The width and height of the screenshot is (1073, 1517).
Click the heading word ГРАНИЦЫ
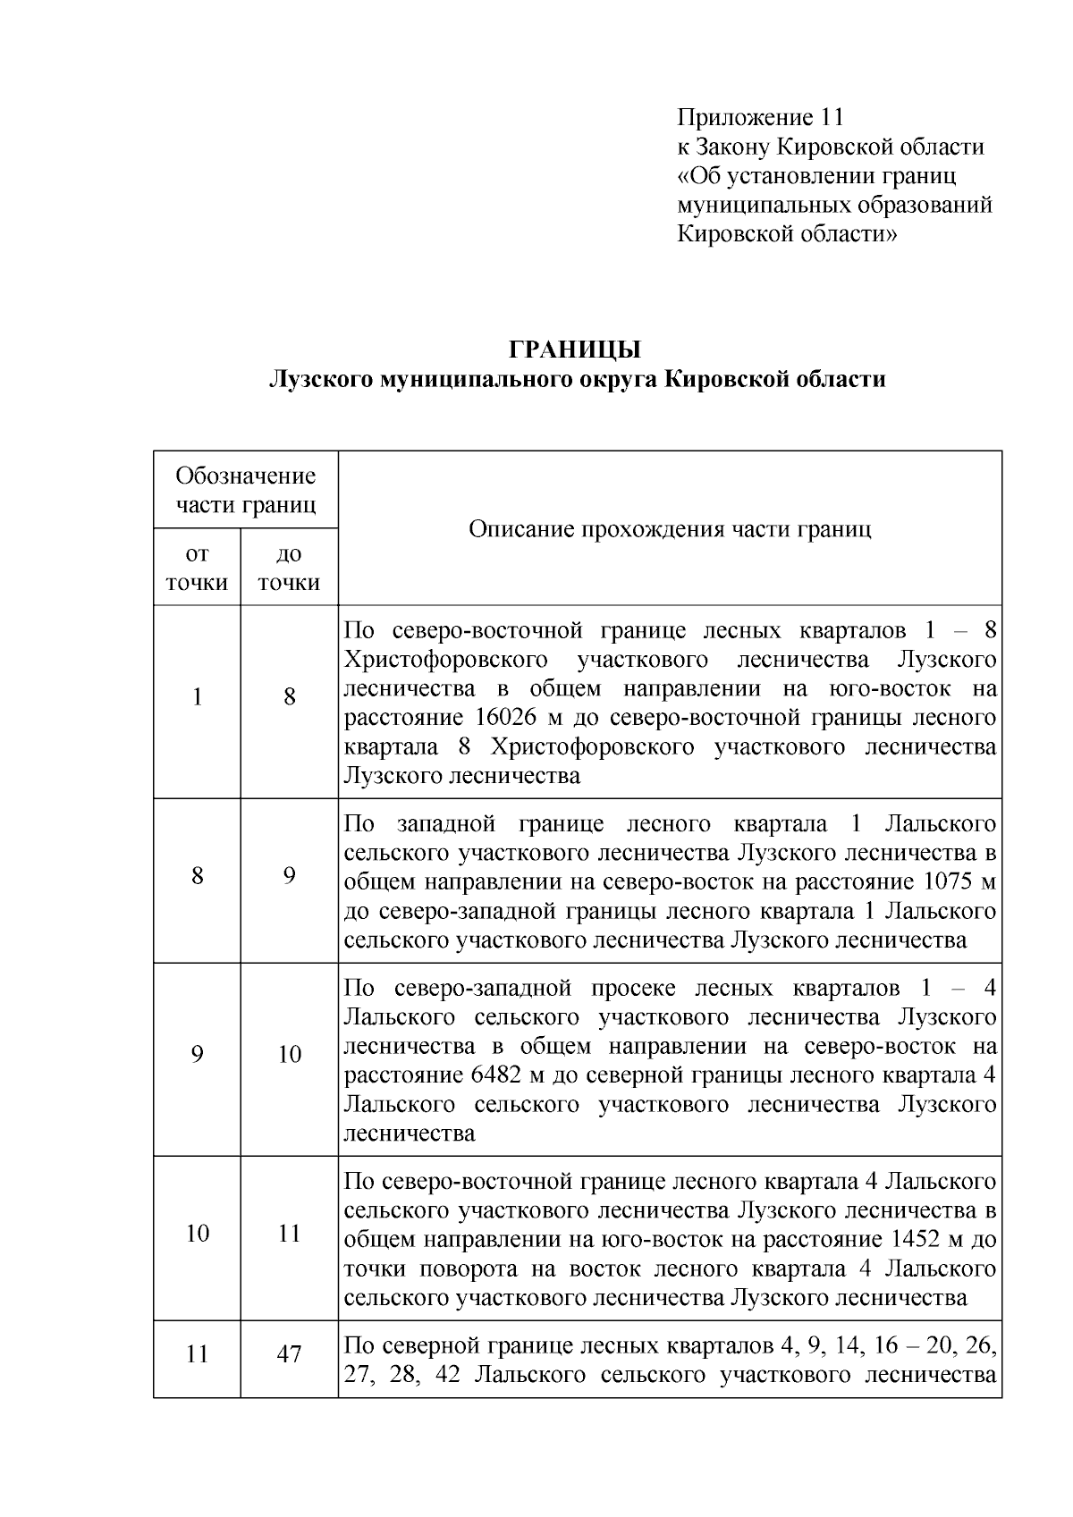pyautogui.click(x=575, y=349)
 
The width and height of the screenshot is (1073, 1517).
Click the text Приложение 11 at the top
pyautogui.click(x=760, y=117)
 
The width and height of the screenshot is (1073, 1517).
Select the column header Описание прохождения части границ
pyautogui.click(x=670, y=528)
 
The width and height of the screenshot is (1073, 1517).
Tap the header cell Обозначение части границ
pyautogui.click(x=246, y=489)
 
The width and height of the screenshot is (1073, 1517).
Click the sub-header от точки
pyautogui.click(x=197, y=568)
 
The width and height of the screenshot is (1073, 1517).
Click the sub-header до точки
pyautogui.click(x=289, y=568)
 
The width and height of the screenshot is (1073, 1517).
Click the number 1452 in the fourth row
pyautogui.click(x=924, y=1239)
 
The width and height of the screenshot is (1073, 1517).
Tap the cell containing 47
pyautogui.click(x=289, y=1353)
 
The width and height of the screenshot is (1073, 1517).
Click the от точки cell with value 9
pyautogui.click(x=197, y=1054)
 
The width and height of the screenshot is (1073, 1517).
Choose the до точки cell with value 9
pyautogui.click(x=289, y=874)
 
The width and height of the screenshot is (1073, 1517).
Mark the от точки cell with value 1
pyautogui.click(x=197, y=696)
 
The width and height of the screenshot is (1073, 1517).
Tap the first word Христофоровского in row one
pyautogui.click(x=445, y=660)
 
